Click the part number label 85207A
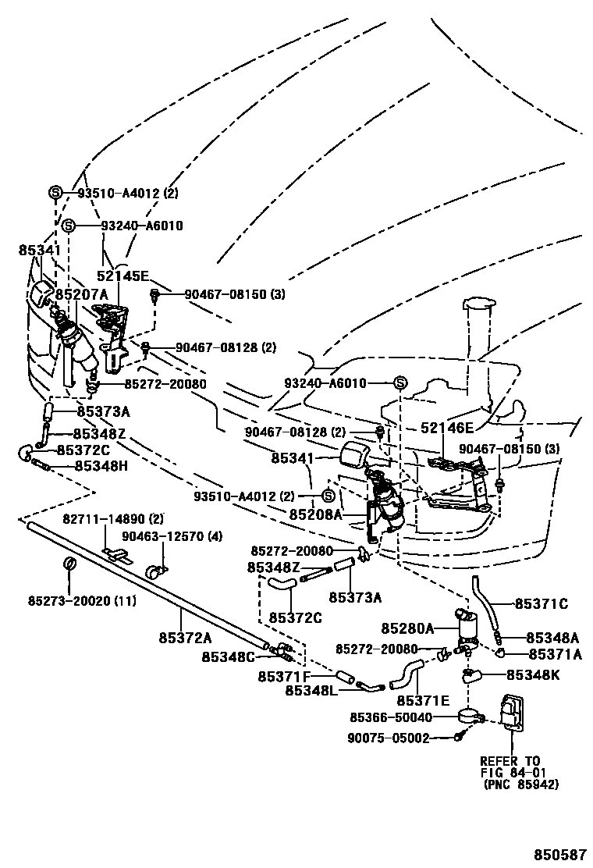coord(81,295)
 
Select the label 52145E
coord(123,276)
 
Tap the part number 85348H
coord(101,466)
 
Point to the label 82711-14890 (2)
coord(113,519)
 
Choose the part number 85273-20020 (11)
coord(71,600)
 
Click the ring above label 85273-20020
coord(69,565)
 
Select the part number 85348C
coord(228,656)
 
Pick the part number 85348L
coord(311,690)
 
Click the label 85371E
coord(423,700)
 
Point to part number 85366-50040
coord(390,717)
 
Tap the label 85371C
coord(541,603)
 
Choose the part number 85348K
coord(533,674)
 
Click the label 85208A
coord(315,514)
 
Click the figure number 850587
coord(560,854)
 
